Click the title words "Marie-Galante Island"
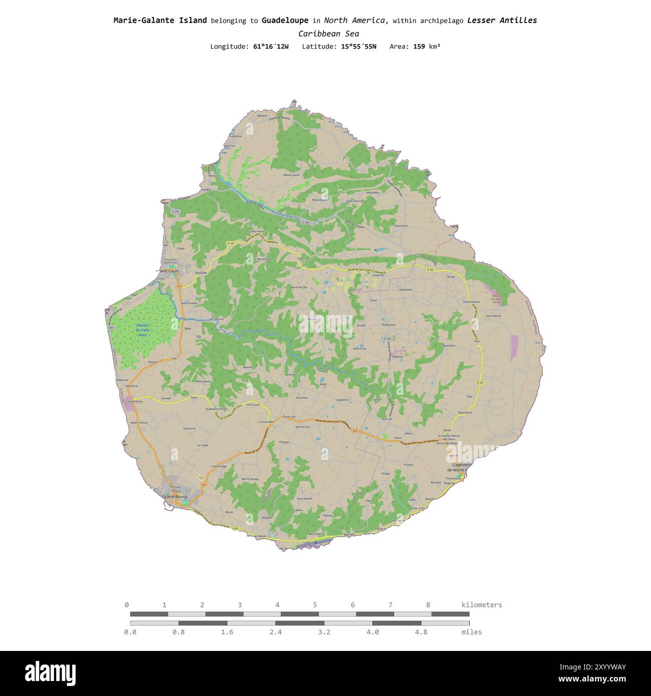click(160, 21)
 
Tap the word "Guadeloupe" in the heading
click(284, 21)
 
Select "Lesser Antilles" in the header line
click(502, 21)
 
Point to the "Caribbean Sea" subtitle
click(329, 34)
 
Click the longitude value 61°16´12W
click(271, 47)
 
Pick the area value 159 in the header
click(419, 47)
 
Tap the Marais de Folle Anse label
click(143, 329)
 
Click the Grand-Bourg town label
click(174, 497)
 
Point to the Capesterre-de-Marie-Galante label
click(457, 467)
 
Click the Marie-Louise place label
click(291, 175)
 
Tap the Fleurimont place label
click(401, 226)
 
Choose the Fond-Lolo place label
click(289, 417)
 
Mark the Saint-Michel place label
click(304, 499)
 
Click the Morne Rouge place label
click(250, 479)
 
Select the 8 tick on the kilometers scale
click(428, 605)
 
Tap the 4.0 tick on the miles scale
click(373, 632)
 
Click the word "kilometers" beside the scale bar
click(482, 605)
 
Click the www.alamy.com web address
click(592, 679)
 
